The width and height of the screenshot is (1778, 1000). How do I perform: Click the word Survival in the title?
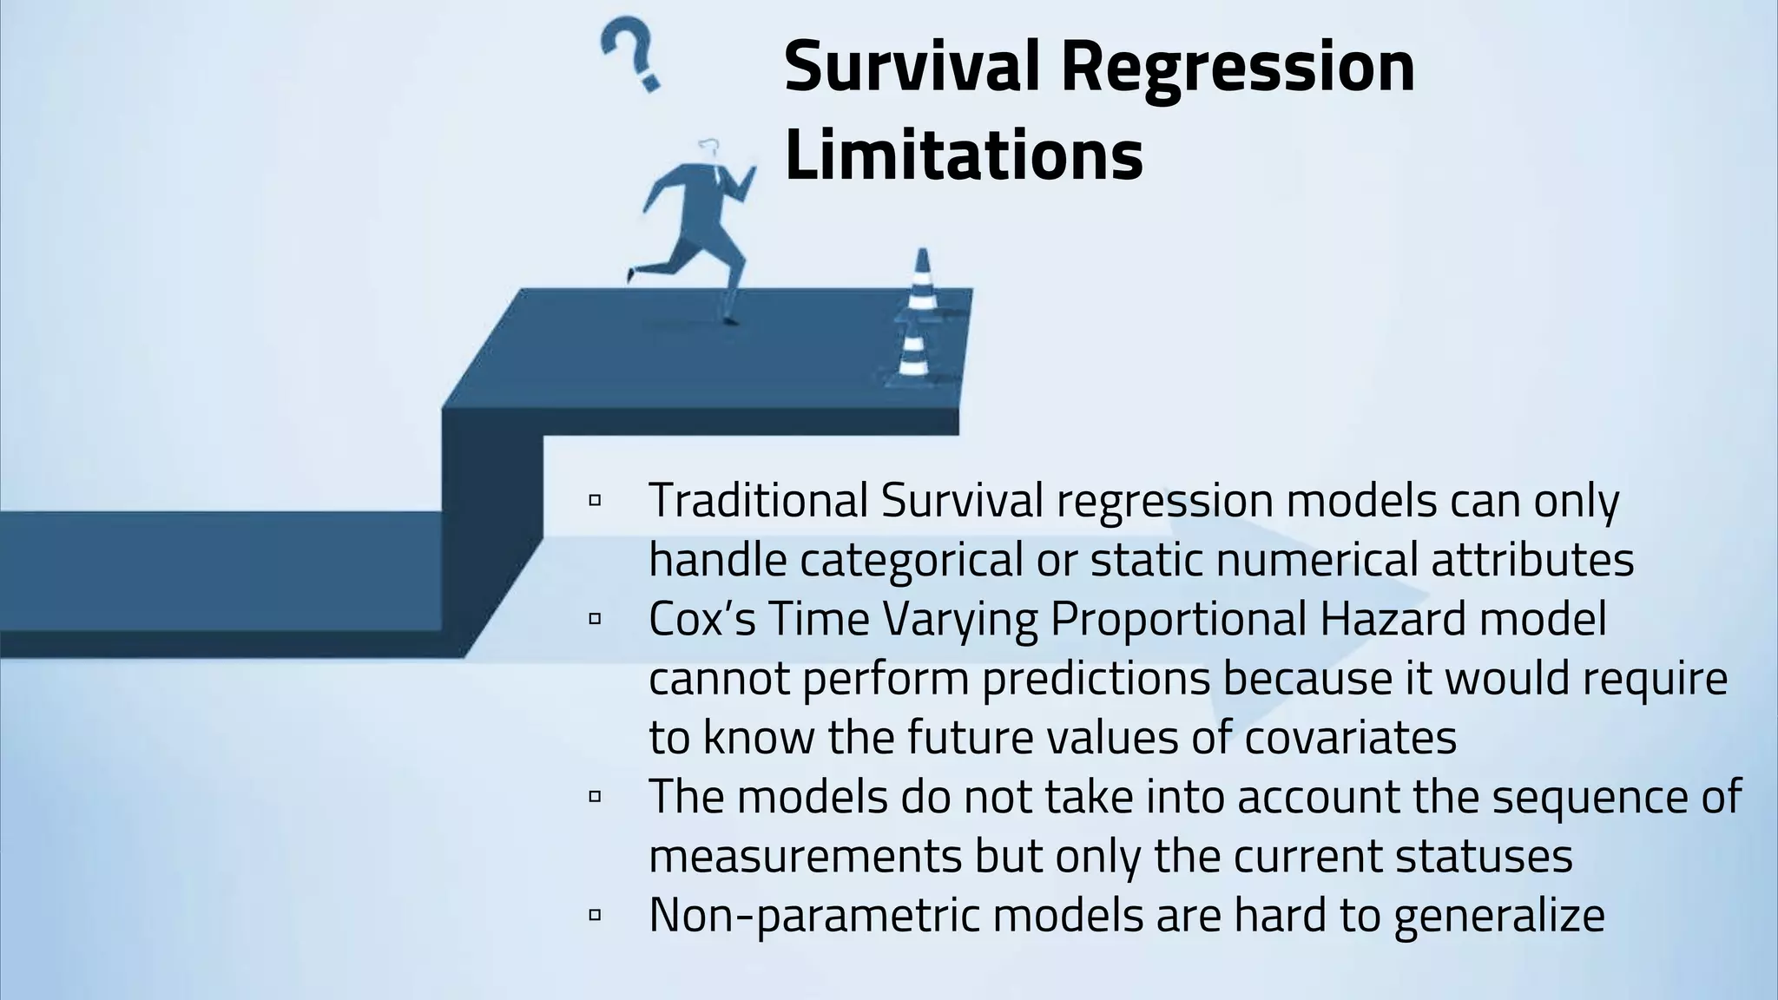tap(912, 68)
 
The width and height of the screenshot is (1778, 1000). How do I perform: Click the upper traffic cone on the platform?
tap(922, 281)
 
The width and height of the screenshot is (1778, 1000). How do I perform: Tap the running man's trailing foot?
tap(631, 274)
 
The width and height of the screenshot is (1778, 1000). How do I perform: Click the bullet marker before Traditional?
tap(595, 501)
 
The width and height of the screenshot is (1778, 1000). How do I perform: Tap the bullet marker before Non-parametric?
tap(595, 915)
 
